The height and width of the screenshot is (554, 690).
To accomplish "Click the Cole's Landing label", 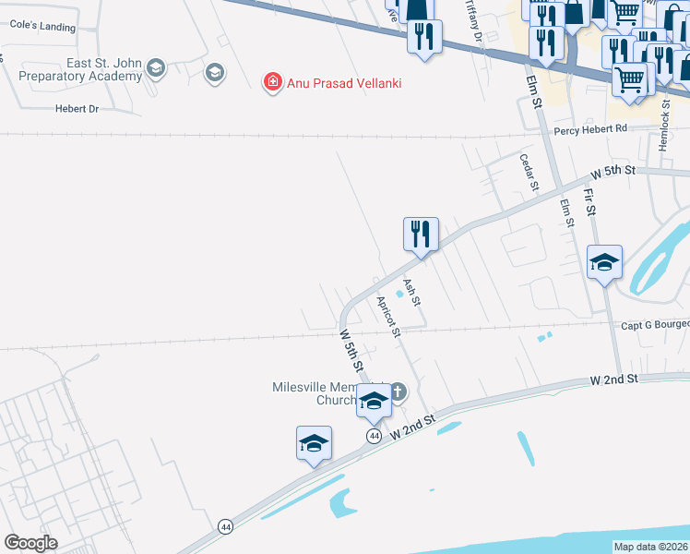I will click(42, 27).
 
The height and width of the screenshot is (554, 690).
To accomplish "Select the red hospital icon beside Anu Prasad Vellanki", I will click(272, 83).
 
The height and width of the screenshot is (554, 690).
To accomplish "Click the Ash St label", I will click(411, 293).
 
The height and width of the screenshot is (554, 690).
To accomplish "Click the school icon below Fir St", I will click(605, 263).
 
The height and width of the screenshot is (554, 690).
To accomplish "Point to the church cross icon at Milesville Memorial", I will click(398, 391).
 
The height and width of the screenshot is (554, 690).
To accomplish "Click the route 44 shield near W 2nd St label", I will click(374, 435).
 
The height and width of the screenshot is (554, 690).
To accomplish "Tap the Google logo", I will click(30, 543).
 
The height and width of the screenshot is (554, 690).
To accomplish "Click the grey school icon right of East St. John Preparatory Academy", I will click(215, 72).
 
